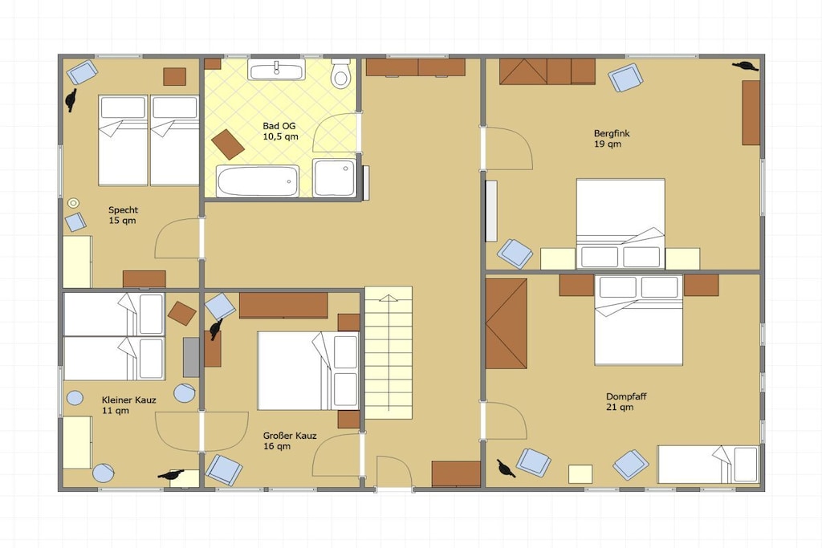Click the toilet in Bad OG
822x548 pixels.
pos(340,73)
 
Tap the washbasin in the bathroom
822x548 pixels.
pos(276,69)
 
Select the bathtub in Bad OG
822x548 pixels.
pos(258,181)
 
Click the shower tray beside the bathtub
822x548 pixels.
pos(334,178)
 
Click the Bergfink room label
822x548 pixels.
pos(612,133)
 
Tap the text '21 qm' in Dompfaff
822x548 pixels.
pos(620,407)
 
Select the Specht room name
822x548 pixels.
pos(123,209)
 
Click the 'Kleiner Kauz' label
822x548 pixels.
pos(129,400)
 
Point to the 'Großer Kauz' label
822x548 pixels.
pos(290,436)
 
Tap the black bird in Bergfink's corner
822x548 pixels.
pos(746,66)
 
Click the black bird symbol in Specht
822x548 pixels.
pos(71,100)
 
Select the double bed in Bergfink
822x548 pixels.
pos(621,224)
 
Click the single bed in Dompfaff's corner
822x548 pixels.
pos(708,465)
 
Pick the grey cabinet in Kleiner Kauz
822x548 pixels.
pos(191,357)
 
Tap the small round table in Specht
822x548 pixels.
pos(74,203)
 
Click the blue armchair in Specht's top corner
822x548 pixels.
pos(83,72)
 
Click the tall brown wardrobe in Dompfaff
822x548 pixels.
pos(506,323)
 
